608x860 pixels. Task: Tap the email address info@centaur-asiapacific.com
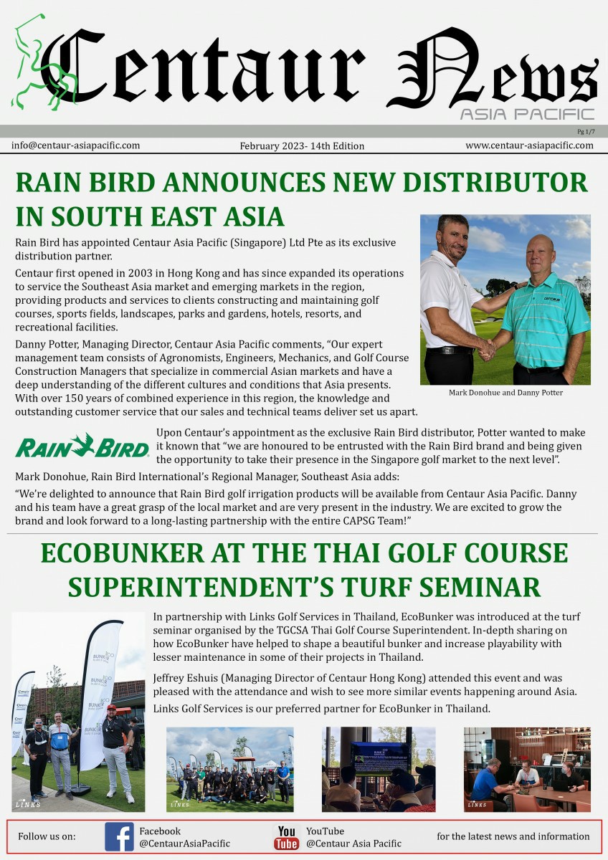pos(75,145)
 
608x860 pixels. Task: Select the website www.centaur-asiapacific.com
pos(529,145)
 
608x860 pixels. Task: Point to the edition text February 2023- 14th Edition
pos(301,146)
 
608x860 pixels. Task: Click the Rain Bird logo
pos(82,446)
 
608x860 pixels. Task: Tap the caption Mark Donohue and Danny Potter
pos(505,393)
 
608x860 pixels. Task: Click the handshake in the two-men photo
pos(487,348)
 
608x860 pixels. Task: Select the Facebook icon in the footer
pos(119,836)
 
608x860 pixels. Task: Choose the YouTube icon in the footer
pos(287,837)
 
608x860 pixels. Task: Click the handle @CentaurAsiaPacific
pos(184,844)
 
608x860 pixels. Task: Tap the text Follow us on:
pos(47,836)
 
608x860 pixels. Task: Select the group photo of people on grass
pos(229,769)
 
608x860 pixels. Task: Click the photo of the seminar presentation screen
pos(379,769)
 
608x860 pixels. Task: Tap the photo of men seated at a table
pos(527,769)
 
